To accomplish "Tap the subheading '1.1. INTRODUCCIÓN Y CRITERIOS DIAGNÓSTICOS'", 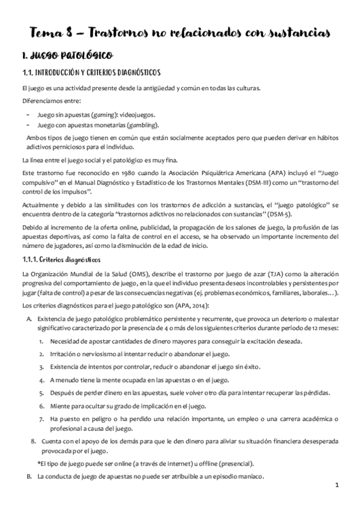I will pyautogui.click(x=90, y=73).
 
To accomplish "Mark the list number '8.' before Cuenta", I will pyautogui.click(x=34, y=441).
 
